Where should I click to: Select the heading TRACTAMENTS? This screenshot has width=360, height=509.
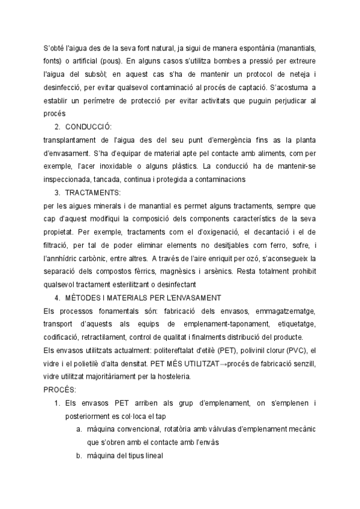(x=92, y=193)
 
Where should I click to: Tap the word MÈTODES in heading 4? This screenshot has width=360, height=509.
(x=83, y=298)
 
